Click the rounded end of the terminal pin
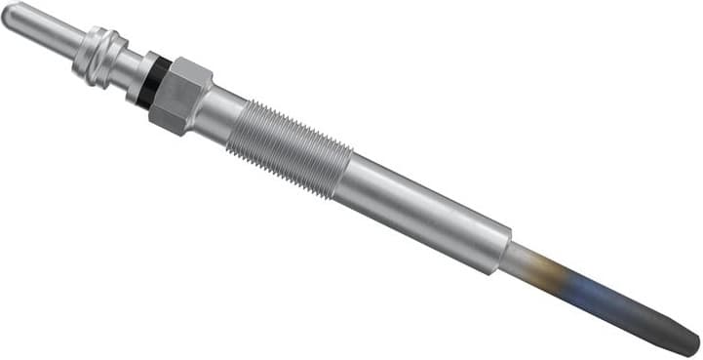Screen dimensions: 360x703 point(10,15)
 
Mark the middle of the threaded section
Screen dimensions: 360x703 point(289,144)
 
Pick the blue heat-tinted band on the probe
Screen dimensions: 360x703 point(595,288)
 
